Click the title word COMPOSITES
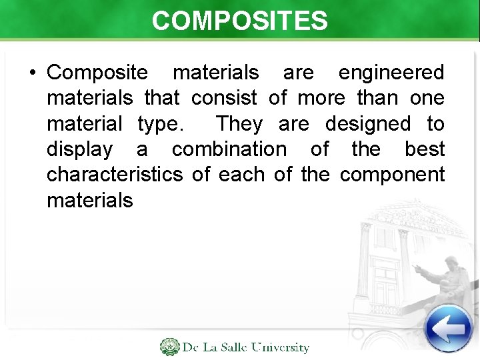tap(239, 20)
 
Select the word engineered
tap(391, 72)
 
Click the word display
tap(79, 149)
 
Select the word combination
tap(229, 149)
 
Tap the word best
tap(424, 149)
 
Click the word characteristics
tap(114, 175)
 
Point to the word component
tap(392, 175)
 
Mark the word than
tap(376, 98)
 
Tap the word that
tap(162, 98)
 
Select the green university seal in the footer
tap(169, 347)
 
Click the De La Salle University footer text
tap(246, 347)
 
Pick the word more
tap(321, 98)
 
